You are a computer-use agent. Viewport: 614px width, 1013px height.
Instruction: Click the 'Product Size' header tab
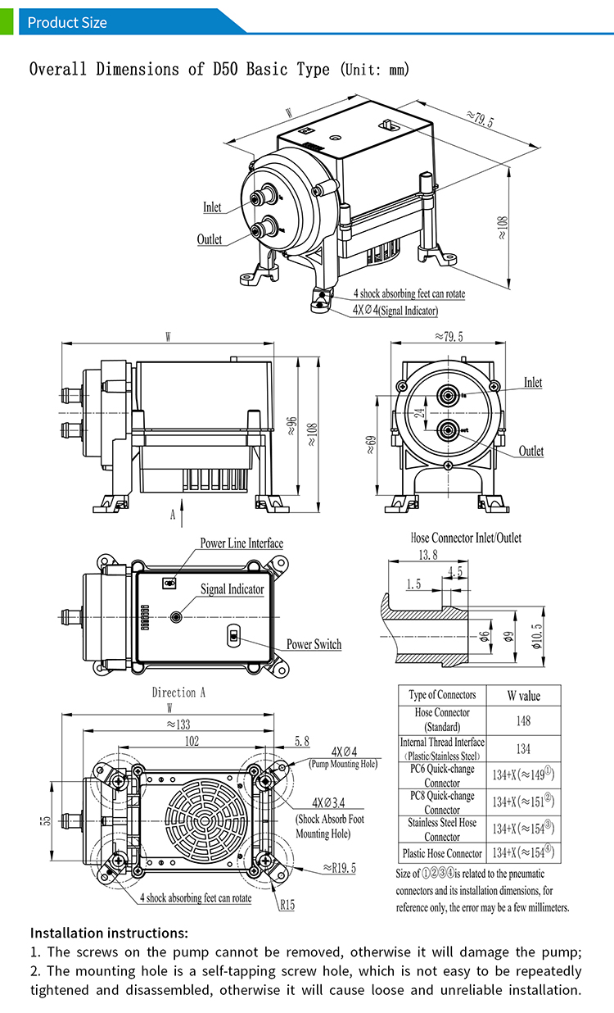67,22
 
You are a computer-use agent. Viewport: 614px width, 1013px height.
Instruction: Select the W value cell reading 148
523,720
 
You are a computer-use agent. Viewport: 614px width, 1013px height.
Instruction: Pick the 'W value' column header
523,696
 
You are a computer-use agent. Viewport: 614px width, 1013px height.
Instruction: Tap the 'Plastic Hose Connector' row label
442,853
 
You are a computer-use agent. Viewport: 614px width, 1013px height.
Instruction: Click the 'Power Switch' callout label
314,644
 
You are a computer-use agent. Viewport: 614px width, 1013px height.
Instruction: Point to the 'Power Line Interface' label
242,543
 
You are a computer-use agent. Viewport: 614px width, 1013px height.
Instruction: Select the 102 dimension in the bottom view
192,740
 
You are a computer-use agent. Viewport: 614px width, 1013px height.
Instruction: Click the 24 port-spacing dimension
419,414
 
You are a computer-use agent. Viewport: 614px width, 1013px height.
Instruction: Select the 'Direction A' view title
178,693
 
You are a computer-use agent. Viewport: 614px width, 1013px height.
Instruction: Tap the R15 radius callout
287,905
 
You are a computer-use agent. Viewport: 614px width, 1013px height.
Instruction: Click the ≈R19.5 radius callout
339,868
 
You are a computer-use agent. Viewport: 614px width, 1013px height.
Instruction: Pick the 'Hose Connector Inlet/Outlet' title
465,538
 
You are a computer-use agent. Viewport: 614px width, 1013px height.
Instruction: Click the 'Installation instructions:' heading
109,933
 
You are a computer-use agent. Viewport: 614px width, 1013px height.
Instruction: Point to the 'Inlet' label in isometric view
212,207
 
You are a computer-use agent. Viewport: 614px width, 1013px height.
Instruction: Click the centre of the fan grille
197,822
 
